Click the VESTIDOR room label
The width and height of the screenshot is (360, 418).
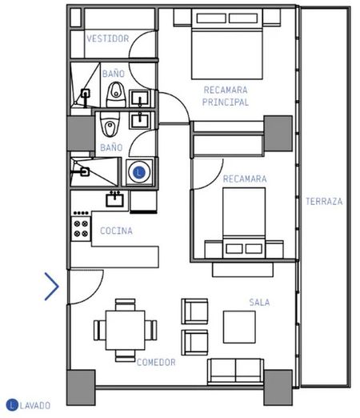coord(108,38)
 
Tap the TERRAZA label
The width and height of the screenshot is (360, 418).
coord(324,201)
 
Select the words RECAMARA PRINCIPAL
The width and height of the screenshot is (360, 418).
coord(226,96)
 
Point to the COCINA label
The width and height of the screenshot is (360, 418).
coord(116,231)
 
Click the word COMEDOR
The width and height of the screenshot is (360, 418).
coord(156,362)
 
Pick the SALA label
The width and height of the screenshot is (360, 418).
coord(259,303)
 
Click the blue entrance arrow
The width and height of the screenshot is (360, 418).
coord(51,287)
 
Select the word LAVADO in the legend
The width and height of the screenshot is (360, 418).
coord(35,406)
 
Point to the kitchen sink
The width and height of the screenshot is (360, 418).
coord(114,199)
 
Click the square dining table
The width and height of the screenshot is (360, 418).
coord(126,330)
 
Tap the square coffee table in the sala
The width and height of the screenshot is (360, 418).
coord(239,327)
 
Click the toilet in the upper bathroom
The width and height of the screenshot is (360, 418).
coord(116,94)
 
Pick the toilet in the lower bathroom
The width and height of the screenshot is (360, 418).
coord(110,124)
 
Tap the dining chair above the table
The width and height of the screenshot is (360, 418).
coord(126,304)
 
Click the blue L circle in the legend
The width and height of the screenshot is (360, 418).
coord(12,405)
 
